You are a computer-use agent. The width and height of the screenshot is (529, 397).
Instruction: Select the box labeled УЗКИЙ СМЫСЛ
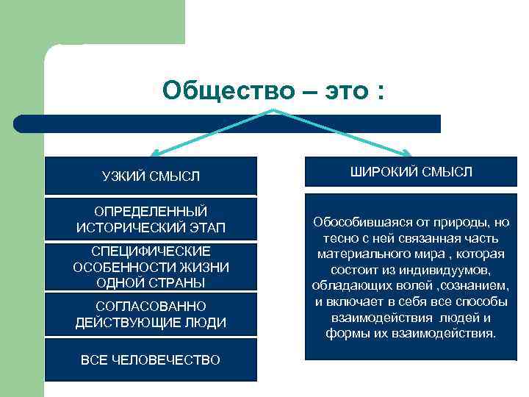[151, 176]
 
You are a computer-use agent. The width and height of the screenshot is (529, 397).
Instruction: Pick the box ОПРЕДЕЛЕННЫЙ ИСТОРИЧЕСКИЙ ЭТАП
[151, 219]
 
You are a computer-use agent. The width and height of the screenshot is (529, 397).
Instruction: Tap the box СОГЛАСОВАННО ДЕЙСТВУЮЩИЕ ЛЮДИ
[151, 314]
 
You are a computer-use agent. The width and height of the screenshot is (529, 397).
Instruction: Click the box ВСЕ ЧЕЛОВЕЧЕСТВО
[151, 360]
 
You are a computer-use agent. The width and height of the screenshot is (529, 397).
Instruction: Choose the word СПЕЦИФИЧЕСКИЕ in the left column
[151, 251]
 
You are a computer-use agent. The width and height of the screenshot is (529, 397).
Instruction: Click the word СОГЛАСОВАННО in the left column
[151, 306]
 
